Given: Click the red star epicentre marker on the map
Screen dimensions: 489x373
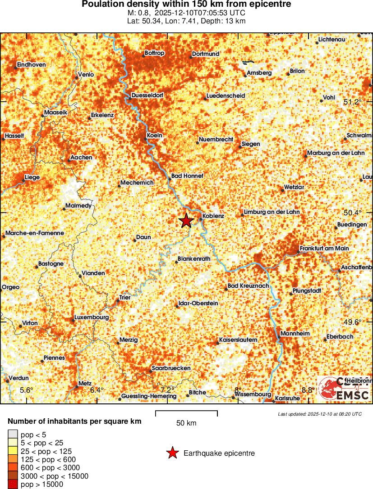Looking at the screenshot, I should [186, 220].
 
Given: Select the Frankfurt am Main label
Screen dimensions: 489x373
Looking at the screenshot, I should [324, 249].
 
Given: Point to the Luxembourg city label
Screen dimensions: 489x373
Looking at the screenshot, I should [92, 317].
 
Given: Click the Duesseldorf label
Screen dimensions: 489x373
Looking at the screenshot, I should [147, 95].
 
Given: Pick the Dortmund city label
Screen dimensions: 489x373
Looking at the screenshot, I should [206, 54].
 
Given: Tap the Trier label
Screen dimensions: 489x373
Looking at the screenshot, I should [124, 298].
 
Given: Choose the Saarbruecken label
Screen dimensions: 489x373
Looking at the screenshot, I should [171, 368].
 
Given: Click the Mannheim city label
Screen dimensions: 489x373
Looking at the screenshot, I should [295, 334].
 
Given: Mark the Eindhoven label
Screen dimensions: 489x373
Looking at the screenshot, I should [31, 65].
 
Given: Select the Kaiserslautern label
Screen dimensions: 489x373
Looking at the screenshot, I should [238, 340].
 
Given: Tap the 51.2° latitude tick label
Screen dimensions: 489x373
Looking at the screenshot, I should [353, 102].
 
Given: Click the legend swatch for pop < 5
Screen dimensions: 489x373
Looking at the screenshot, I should [13, 435].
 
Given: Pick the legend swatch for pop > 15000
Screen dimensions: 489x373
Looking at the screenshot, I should [13, 484].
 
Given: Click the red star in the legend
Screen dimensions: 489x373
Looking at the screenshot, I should [172, 453].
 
